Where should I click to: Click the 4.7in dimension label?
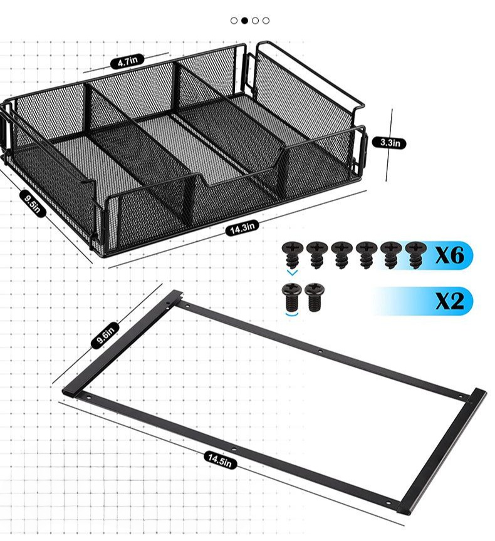coord(127,62)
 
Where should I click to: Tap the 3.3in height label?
coord(389,143)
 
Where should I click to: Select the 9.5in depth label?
coord(33,204)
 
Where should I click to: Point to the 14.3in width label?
coord(242,228)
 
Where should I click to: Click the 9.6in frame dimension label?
coord(105,335)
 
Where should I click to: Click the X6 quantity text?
coord(449,255)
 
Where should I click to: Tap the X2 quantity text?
coord(450,301)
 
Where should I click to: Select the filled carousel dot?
coord(245,21)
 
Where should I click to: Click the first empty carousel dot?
coord(234,21)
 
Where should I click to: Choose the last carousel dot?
coord(266,21)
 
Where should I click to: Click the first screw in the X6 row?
coord(293,255)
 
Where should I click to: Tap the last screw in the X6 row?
coord(415,255)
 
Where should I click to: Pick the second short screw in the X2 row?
coord(313,297)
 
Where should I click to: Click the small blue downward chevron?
coord(293,273)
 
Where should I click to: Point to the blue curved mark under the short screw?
coord(293,314)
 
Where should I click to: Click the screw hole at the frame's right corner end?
coord(388,502)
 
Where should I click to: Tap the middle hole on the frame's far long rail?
coord(320,351)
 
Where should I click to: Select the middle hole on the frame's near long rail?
coord(234,450)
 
